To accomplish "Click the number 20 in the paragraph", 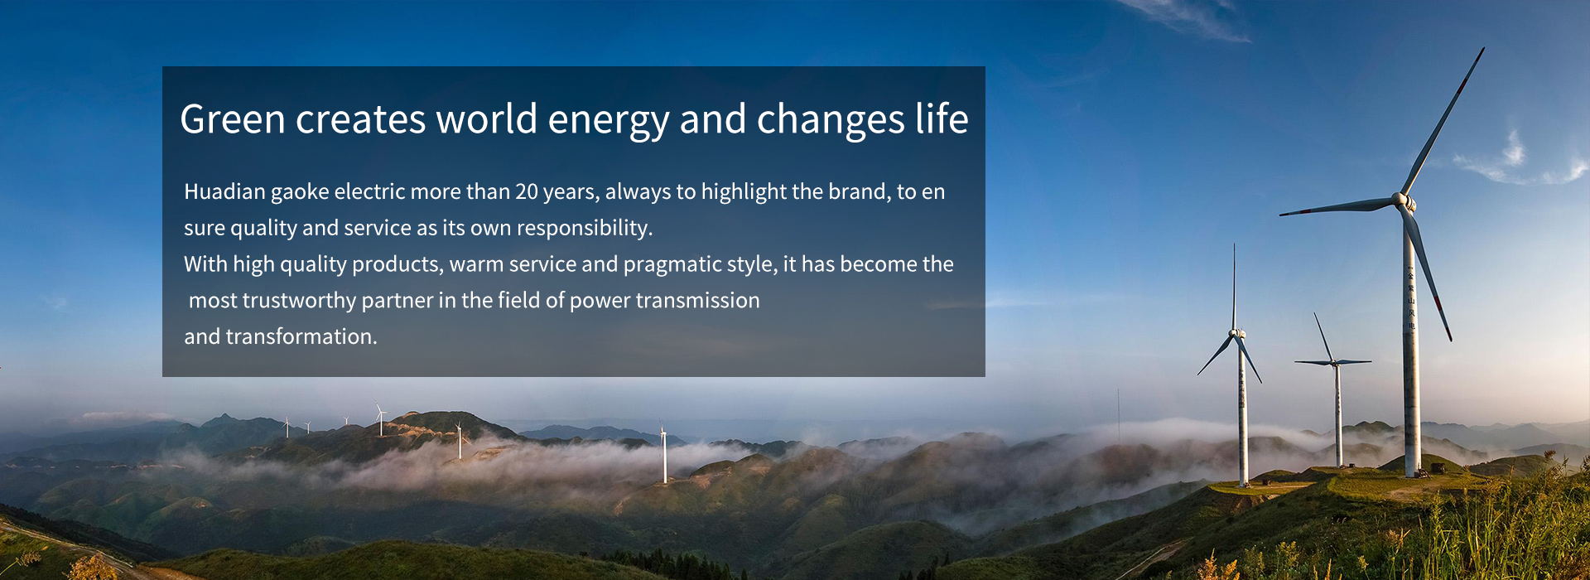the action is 527,191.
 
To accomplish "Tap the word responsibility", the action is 585,228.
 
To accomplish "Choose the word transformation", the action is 301,336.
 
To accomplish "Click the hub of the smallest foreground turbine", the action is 1333,361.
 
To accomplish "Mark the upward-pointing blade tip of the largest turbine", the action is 1482,49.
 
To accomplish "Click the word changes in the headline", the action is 830,120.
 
